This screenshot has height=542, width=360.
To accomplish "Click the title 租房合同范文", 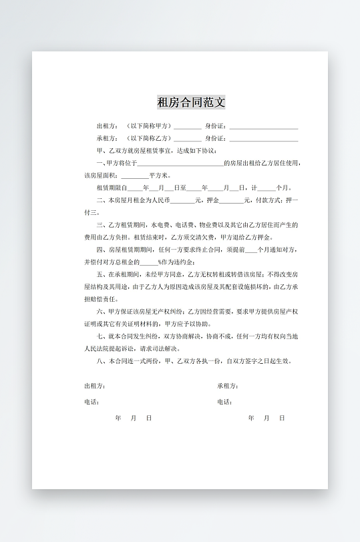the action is point(191,102).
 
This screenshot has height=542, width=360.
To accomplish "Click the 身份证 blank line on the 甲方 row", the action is point(264,127).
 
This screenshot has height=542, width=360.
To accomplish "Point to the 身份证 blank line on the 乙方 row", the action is point(264,140).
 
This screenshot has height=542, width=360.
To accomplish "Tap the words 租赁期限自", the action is point(111,188).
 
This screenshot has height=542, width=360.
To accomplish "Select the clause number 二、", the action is point(101,200).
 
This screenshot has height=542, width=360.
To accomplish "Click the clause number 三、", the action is point(101,225).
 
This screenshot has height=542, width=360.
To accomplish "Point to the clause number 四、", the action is point(101,250).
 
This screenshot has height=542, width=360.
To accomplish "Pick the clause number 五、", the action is point(101,274).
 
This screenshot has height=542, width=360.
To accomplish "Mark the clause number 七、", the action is point(101,336).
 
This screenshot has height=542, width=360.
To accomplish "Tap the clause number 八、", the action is point(101,361).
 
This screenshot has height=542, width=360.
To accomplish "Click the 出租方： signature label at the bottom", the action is point(94,386).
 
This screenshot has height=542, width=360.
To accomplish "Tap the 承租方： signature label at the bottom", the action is point(228,386).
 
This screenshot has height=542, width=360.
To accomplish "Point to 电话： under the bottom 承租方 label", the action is point(224,402).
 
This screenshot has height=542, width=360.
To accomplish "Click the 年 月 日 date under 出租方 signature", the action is point(134,418).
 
